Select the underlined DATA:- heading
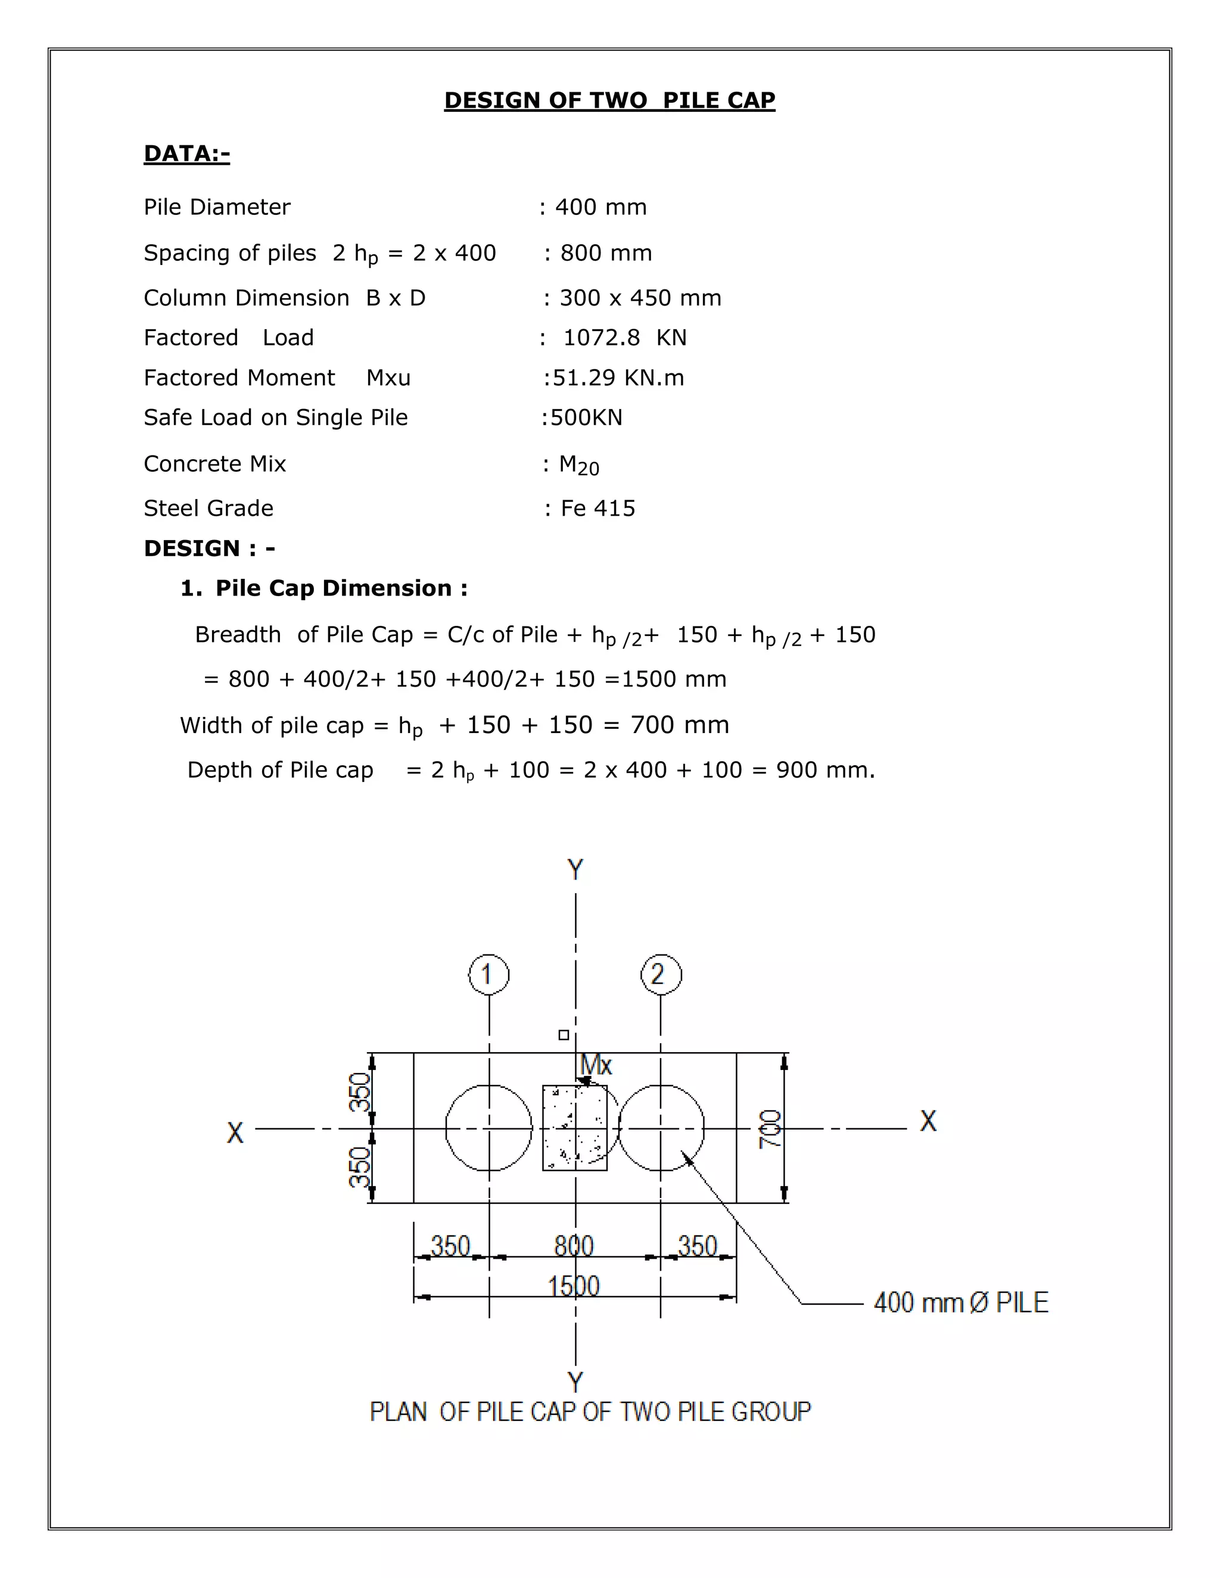[186, 153]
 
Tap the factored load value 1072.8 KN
[624, 338]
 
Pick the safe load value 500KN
[586, 417]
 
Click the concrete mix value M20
[579, 464]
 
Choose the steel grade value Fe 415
[597, 508]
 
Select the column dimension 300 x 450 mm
[640, 298]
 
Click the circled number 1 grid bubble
[488, 975]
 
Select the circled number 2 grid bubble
[660, 974]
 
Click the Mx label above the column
[596, 1064]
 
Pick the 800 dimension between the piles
[574, 1246]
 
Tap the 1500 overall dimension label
[574, 1286]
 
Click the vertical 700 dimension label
[770, 1128]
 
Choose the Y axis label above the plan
[575, 869]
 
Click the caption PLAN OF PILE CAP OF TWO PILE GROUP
[590, 1411]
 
